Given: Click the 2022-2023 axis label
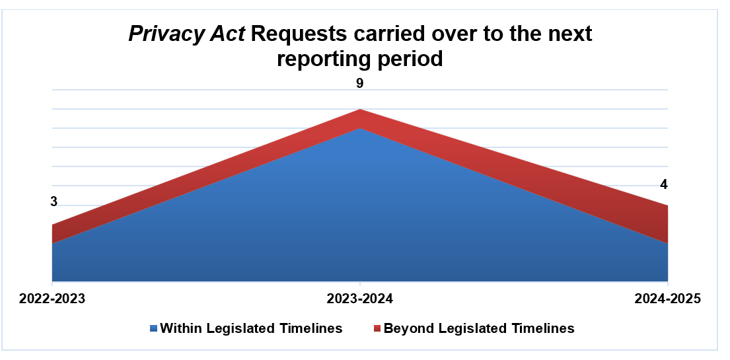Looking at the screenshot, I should tap(52, 299).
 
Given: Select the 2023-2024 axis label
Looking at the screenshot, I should tap(360, 299).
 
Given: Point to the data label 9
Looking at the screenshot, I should tap(360, 83).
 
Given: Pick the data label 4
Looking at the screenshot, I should tap(664, 184).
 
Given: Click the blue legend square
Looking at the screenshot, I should tap(154, 328).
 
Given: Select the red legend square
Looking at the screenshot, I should tap(377, 328).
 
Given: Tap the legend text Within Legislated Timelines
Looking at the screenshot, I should tap(251, 328).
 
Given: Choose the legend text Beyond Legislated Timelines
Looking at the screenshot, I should tap(479, 328).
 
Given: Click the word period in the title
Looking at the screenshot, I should tap(410, 58).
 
